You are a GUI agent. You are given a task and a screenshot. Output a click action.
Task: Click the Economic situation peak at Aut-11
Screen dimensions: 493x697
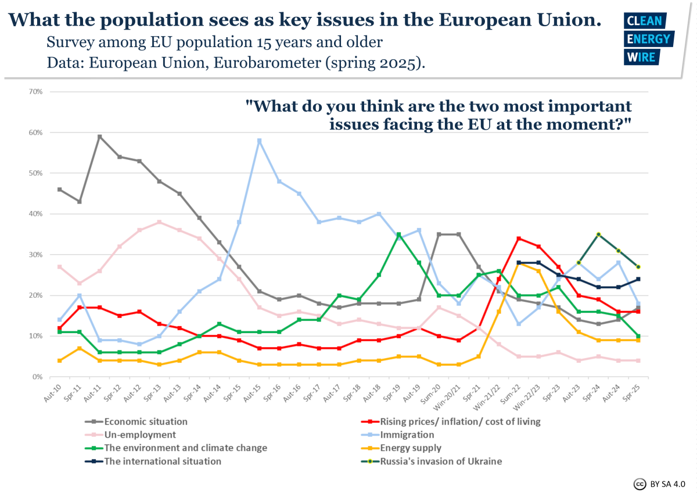(x=99, y=137)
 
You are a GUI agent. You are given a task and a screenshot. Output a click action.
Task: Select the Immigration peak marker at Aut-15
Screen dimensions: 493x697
(x=259, y=141)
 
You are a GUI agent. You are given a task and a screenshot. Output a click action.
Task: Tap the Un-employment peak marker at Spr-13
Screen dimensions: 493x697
(x=159, y=222)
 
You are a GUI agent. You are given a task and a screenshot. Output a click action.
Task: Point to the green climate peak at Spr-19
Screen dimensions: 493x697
(x=398, y=234)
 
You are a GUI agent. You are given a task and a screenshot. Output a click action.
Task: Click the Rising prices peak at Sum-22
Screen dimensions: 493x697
(x=518, y=238)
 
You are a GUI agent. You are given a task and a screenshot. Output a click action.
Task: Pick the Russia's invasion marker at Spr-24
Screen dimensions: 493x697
(x=598, y=234)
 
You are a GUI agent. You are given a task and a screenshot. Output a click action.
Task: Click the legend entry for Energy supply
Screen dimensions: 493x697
(x=411, y=448)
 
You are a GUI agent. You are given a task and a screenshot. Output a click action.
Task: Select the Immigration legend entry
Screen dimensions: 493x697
(x=407, y=434)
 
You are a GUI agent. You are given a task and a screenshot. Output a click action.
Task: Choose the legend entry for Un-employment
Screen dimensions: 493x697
(x=140, y=434)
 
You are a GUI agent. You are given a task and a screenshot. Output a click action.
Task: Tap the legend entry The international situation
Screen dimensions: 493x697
(x=162, y=461)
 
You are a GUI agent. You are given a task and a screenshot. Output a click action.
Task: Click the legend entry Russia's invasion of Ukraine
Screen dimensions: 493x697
(x=441, y=461)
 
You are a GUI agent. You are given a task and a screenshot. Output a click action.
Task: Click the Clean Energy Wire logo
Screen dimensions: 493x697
(x=648, y=38)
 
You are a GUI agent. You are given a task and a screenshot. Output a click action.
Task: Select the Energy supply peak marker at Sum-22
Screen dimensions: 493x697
(x=518, y=263)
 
